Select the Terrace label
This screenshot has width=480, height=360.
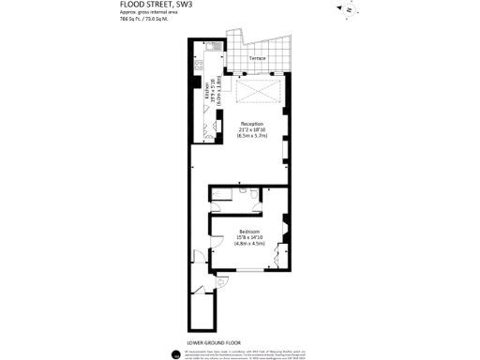click(x=257, y=59)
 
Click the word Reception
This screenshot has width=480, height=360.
click(x=251, y=124)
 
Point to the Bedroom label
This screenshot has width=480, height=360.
click(x=248, y=231)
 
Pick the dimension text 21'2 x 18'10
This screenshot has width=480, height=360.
click(x=251, y=130)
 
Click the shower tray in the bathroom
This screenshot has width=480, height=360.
click(x=224, y=193)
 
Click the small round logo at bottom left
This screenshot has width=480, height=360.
click(x=176, y=353)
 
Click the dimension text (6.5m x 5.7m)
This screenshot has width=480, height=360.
click(x=251, y=137)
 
